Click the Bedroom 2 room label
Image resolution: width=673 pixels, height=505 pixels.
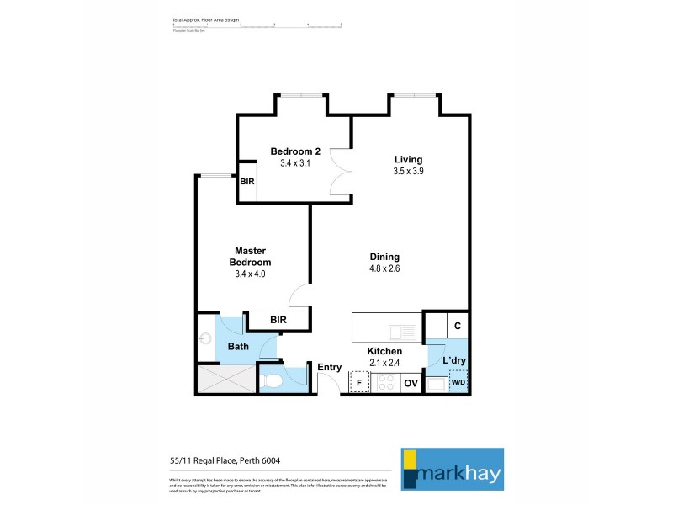[295, 151]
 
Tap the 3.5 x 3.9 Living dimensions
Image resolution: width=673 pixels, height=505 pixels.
[408, 171]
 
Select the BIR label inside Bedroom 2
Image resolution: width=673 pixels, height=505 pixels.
[247, 181]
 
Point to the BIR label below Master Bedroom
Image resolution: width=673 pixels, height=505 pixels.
[278, 320]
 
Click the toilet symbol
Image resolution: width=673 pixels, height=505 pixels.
[272, 381]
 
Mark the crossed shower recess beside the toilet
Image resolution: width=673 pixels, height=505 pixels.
[225, 380]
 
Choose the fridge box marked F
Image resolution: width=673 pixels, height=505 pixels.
[359, 383]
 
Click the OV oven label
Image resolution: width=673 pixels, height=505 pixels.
[411, 384]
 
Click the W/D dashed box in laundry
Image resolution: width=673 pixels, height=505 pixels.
[458, 384]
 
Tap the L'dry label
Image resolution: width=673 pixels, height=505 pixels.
[454, 361]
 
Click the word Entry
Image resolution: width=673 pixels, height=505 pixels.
[329, 367]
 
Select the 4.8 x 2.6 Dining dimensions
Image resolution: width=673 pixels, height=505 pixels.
[384, 269]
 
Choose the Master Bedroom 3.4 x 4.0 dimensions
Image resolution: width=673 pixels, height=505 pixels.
[250, 274]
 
